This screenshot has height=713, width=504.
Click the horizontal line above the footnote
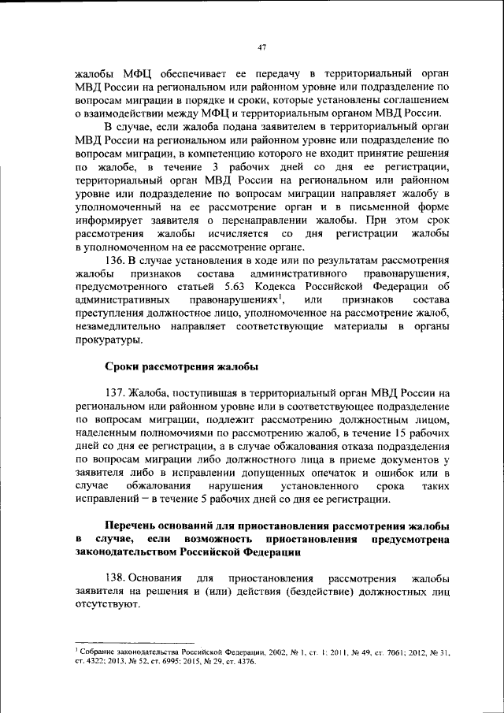pyautogui.click(x=134, y=642)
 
